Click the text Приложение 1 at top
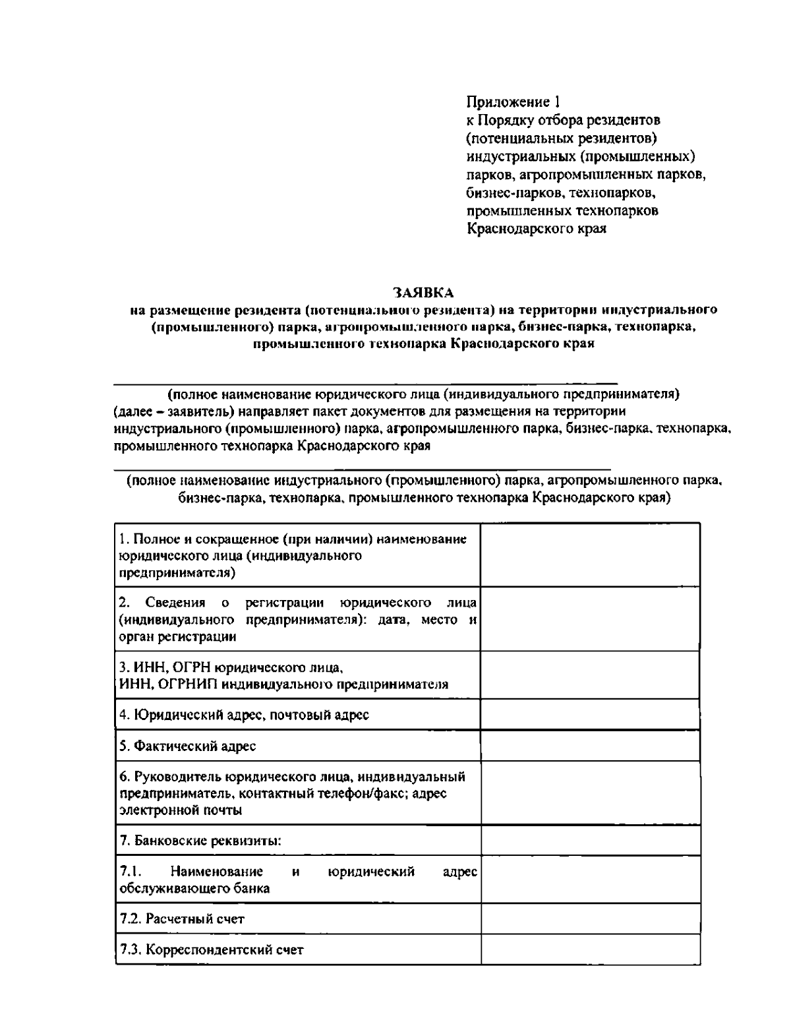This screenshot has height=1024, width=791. [x=513, y=102]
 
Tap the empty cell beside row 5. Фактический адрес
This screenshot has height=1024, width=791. [x=590, y=746]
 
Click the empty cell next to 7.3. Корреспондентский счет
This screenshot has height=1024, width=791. [x=590, y=949]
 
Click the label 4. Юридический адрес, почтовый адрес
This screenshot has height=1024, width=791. [x=244, y=715]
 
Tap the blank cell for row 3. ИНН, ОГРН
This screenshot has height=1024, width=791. [x=590, y=675]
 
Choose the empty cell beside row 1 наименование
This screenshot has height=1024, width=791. [x=590, y=555]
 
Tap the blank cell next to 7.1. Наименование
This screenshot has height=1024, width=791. [x=590, y=879]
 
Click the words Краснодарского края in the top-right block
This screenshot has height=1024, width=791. [x=536, y=229]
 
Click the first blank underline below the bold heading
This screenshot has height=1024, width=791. [x=366, y=382]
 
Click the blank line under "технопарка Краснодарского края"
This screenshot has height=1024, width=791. [x=363, y=467]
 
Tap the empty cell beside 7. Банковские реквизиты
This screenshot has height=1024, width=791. [x=590, y=841]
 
